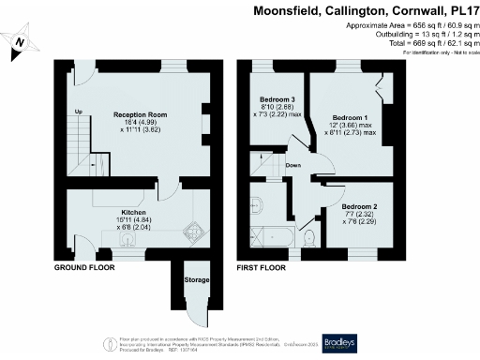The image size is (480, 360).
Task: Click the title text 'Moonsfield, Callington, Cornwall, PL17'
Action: click(366, 10)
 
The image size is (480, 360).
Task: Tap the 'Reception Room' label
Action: click(141, 114)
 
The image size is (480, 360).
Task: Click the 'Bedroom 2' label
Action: click(359, 205)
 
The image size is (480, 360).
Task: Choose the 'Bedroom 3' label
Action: click(277, 99)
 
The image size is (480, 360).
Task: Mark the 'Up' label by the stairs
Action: click(79, 112)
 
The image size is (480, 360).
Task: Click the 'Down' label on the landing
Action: click(293, 165)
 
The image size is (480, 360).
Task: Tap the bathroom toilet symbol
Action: click(309, 244)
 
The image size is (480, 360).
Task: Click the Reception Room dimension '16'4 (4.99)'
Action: click(140, 122)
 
